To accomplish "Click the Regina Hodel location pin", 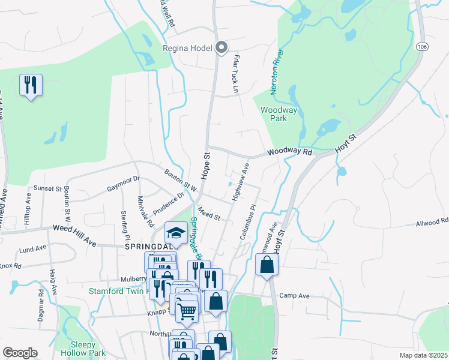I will tap(221, 47).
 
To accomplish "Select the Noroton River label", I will tap(277, 69).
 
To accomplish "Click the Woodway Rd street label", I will tap(290, 152).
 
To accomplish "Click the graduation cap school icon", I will tap(176, 233).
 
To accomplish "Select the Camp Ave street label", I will tap(294, 296).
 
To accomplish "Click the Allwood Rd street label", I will tap(432, 223).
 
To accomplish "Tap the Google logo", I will tap(20, 353).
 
